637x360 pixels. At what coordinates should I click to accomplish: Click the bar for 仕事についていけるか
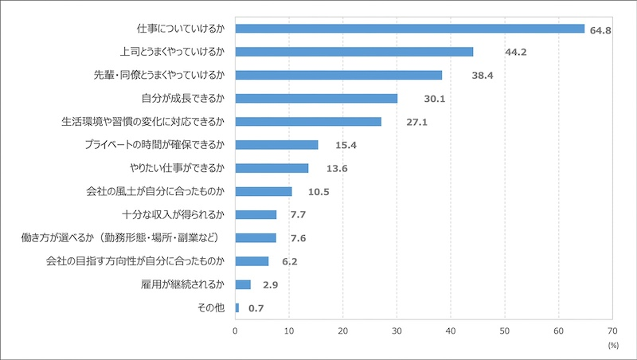(410, 29)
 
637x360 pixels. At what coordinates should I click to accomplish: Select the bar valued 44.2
(354, 52)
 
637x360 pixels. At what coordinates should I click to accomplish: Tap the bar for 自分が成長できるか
(316, 98)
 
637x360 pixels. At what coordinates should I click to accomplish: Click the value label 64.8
(601, 30)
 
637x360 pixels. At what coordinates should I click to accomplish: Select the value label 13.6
(325, 169)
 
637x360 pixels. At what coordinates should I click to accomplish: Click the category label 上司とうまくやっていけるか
(172, 52)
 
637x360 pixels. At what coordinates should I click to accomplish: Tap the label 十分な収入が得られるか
(174, 215)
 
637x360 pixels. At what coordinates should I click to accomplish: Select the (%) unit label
(613, 346)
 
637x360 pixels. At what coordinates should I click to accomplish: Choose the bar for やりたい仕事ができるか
(272, 168)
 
